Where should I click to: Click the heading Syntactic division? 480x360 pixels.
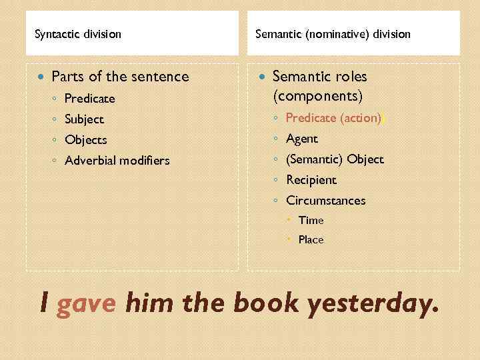click(78, 33)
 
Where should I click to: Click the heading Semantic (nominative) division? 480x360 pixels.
click(333, 33)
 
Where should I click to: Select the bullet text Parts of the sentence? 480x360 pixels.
click(120, 77)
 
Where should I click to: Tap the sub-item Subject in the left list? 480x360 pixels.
click(84, 119)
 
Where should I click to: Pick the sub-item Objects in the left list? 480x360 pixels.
click(85, 140)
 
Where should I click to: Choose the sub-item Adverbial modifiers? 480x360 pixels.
click(117, 161)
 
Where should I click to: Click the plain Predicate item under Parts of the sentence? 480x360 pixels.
click(89, 99)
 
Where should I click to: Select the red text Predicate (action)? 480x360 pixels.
click(334, 118)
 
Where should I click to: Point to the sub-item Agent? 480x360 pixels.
click(301, 139)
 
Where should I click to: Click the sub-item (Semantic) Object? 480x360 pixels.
click(335, 159)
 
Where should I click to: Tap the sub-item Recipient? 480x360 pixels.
click(311, 180)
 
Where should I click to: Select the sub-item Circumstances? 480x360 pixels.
click(325, 201)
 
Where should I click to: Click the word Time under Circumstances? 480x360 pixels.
click(311, 220)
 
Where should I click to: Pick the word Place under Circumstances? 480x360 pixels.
click(311, 239)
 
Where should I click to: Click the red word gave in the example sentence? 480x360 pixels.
click(87, 304)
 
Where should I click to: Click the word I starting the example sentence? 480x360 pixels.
click(44, 304)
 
